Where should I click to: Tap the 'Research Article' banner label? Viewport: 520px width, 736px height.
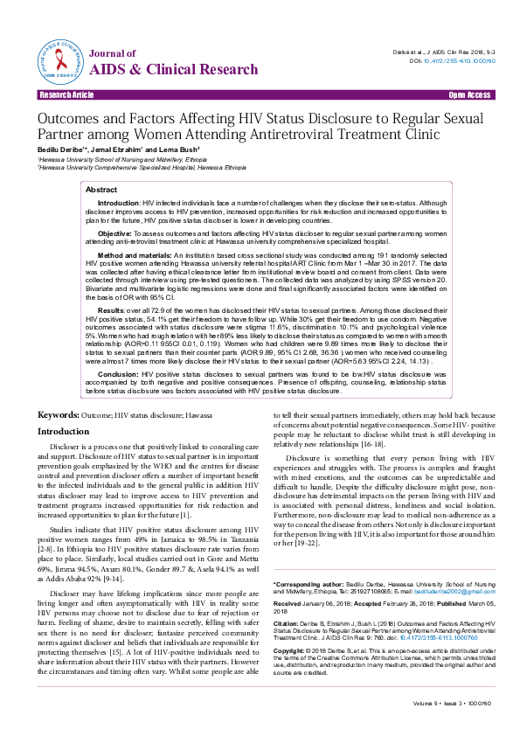coord(63,93)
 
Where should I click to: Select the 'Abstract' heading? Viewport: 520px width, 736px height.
coord(101,189)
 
